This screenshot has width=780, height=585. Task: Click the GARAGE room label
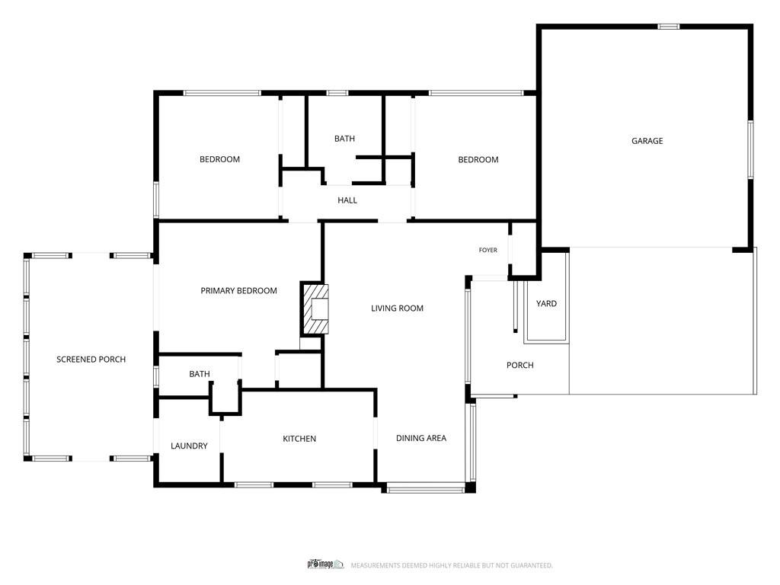(647, 141)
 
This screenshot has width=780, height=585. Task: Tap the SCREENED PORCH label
(91, 360)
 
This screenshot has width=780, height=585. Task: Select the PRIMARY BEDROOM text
(238, 290)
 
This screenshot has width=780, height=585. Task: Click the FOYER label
(488, 250)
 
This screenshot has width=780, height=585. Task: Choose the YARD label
(546, 303)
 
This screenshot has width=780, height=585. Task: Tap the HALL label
(347, 200)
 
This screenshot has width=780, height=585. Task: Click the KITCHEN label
(299, 438)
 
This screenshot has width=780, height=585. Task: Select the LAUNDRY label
(189, 446)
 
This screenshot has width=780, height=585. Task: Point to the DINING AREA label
(421, 438)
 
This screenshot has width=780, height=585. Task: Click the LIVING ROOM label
(397, 308)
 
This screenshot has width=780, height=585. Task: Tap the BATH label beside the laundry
(200, 373)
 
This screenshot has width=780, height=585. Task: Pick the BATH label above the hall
(345, 139)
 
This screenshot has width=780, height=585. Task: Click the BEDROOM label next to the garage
(478, 159)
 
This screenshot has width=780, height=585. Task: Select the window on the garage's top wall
(669, 27)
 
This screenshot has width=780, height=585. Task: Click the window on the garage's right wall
(750, 149)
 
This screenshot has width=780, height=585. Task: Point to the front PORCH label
(519, 365)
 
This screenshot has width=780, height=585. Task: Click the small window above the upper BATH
(337, 92)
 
